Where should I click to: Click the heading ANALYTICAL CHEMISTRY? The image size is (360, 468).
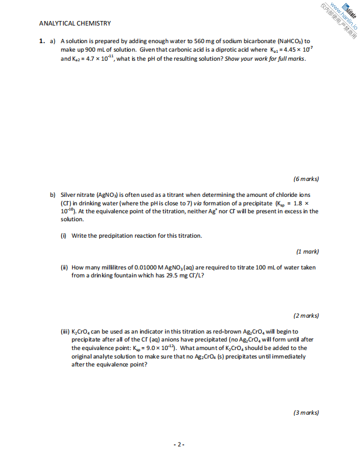pos(75,23)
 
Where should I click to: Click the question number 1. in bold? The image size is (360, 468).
pos(42,41)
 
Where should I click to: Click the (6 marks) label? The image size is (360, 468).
pos(306,179)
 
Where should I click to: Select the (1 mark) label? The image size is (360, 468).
pos(307,251)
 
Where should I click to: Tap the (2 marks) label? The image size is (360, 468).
pos(306,315)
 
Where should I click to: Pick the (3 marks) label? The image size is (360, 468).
pos(306,413)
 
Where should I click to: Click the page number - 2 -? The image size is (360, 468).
pos(179,445)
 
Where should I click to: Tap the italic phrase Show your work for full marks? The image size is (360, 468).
pos(265,58)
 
